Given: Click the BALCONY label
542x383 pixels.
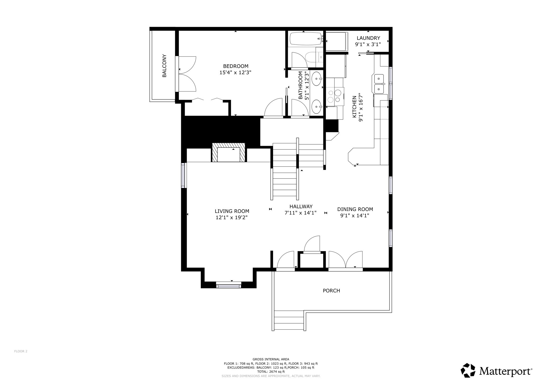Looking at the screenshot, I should [x=164, y=66].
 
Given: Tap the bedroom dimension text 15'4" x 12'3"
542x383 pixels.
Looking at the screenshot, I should [x=235, y=72].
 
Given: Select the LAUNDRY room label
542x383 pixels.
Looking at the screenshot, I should [x=368, y=38].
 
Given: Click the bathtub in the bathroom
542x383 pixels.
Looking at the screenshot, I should [x=305, y=39].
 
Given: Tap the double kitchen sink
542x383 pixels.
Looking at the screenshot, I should [x=379, y=84].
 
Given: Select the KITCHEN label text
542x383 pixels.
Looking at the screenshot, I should [x=354, y=107].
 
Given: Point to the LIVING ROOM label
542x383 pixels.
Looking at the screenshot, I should [x=232, y=211].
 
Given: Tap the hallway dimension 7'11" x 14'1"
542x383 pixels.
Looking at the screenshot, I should [x=300, y=213].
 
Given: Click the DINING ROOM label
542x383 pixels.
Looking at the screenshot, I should [x=355, y=209].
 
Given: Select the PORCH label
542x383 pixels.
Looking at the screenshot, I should [x=331, y=291].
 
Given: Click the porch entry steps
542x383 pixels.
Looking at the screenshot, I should [x=289, y=320].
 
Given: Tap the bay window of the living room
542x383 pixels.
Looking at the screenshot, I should [x=229, y=285].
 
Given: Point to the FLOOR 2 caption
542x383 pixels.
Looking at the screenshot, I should [x=21, y=351].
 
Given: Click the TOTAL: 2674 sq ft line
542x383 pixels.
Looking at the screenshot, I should [x=271, y=372].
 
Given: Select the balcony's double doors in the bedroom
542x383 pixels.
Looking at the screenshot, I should [x=187, y=74].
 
